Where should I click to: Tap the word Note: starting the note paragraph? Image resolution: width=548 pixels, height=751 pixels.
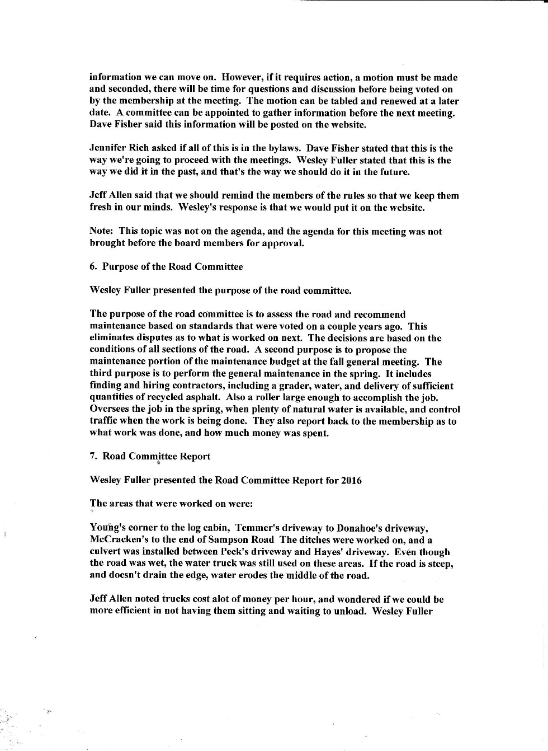pyautogui.click(x=102, y=231)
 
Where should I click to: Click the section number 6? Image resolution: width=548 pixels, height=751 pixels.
pyautogui.click(x=93, y=266)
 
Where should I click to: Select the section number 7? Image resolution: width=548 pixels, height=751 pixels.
pyautogui.click(x=93, y=456)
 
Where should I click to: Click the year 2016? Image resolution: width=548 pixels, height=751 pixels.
pyautogui.click(x=350, y=480)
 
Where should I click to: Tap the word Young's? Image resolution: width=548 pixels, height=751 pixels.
pyautogui.click(x=106, y=528)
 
